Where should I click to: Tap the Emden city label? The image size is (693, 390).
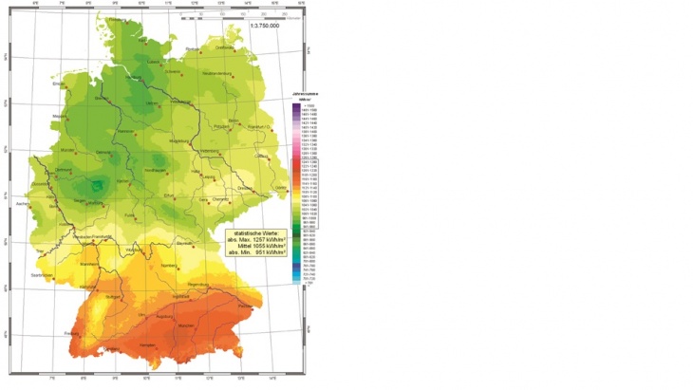[x=59, y=84]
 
